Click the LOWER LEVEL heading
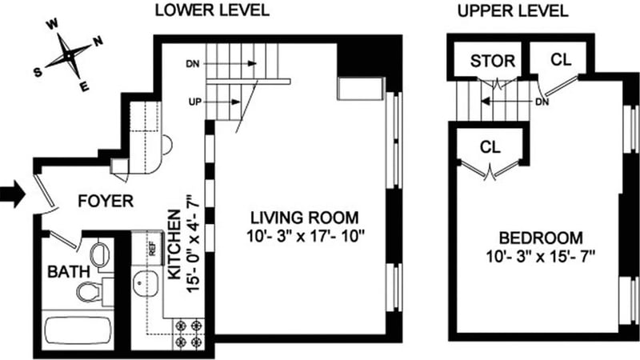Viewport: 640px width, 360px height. (212, 10)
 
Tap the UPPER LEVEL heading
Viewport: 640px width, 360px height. (513, 11)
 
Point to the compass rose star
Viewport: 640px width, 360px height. (69, 54)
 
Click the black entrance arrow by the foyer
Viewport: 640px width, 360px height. (13, 194)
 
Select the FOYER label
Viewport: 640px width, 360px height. (106, 202)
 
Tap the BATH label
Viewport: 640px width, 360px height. (69, 271)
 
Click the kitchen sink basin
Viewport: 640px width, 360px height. (146, 282)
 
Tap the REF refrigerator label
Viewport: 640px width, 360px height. (153, 249)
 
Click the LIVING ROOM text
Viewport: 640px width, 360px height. (305, 218)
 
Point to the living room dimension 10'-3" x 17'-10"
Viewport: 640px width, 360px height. (305, 236)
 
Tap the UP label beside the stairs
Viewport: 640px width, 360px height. (195, 102)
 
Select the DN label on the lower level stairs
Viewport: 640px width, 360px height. (193, 64)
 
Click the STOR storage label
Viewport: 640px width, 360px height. (493, 62)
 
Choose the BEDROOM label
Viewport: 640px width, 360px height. (542, 238)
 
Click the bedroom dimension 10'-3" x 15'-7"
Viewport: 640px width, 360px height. (541, 257)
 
